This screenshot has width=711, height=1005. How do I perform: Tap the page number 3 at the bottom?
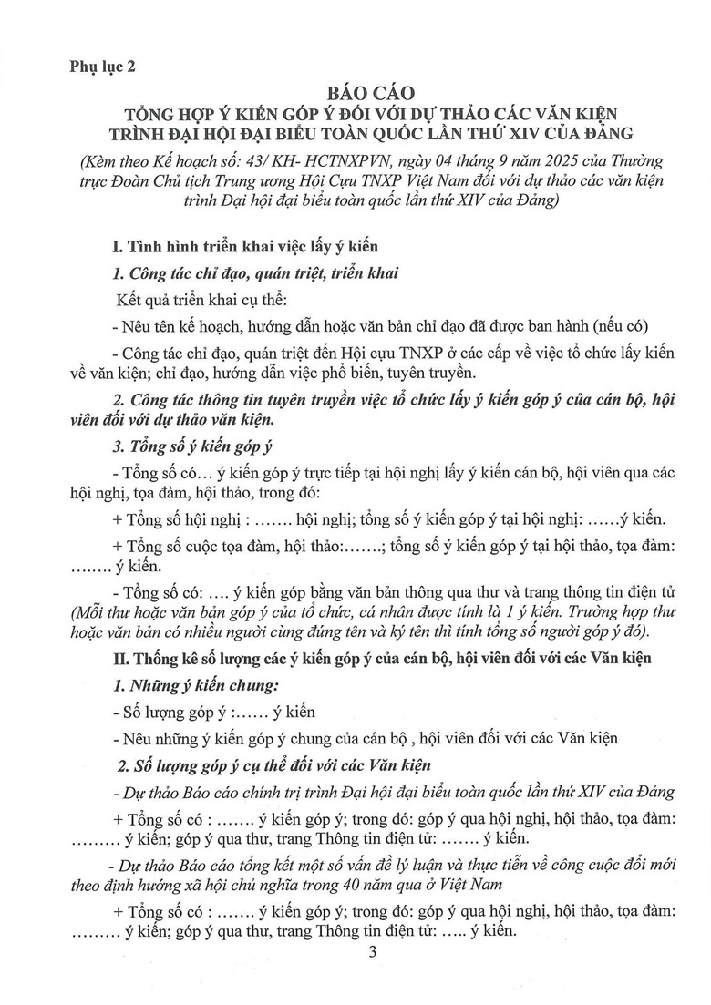point(368,953)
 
